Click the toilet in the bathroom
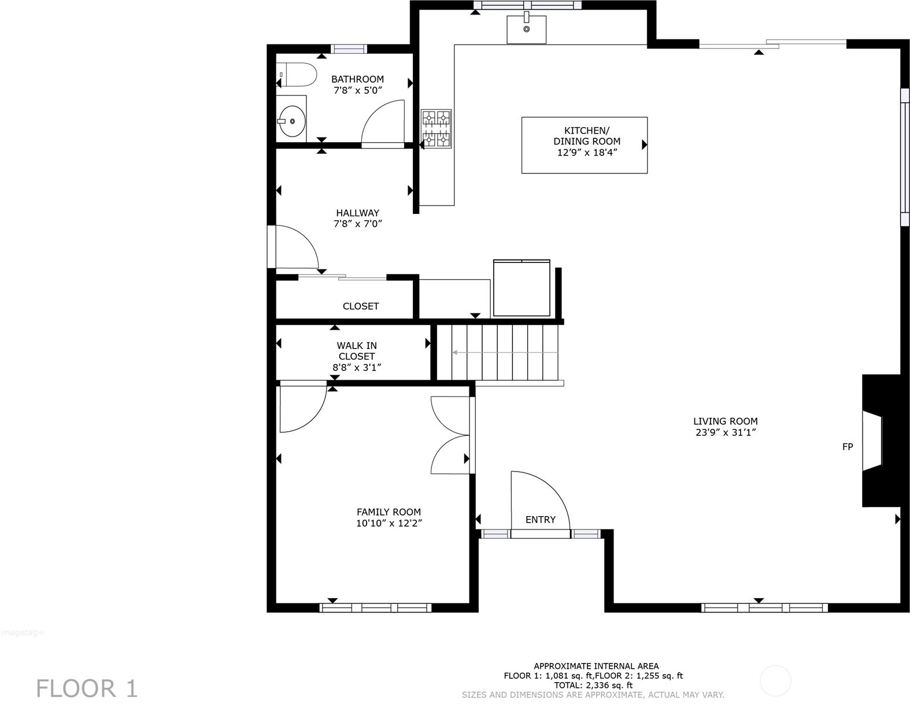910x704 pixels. coord(295,75)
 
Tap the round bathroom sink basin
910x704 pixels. coord(293,121)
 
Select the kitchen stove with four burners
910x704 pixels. coord(436,128)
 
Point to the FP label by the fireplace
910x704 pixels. coord(848,447)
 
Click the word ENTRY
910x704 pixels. coord(540,520)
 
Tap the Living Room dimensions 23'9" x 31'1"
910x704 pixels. coord(726,432)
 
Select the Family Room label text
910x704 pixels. coord(389,512)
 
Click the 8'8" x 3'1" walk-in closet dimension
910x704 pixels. coord(357,368)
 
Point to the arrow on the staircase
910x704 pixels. coord(505,353)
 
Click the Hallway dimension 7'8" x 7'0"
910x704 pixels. coord(358,224)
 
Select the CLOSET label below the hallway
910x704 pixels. coord(361,306)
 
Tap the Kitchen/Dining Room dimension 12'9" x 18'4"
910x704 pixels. coord(587,153)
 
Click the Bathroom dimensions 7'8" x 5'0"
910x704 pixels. coord(358,90)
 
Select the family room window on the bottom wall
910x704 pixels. coord(375,607)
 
